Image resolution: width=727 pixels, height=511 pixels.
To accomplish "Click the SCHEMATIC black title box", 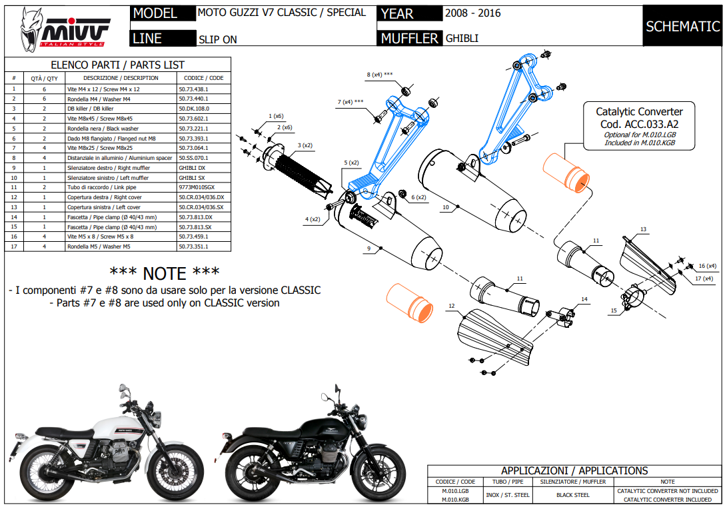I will click(683, 26).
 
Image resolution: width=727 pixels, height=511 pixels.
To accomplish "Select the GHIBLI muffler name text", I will click(462, 39).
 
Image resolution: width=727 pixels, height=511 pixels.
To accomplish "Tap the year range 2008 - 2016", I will click(473, 13).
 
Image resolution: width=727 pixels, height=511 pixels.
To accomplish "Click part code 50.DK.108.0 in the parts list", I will click(194, 108).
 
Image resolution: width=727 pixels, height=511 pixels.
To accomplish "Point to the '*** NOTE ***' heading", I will click(164, 272).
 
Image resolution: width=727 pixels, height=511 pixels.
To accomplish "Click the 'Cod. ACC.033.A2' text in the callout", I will click(638, 123).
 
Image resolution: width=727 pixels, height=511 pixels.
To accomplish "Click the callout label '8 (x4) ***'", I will click(379, 75).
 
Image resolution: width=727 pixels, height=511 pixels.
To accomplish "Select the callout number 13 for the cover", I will click(643, 229).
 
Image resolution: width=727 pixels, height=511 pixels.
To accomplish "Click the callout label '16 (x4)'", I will click(707, 265).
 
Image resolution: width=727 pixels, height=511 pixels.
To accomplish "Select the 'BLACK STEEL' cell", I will click(572, 495).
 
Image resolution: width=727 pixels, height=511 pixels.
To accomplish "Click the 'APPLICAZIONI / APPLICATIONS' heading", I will click(574, 470).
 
